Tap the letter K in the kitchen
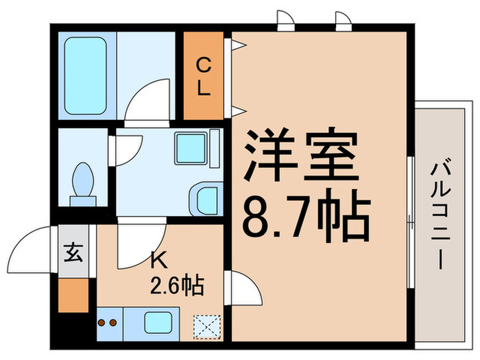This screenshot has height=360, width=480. [158, 261]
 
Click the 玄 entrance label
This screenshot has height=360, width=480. [73, 253]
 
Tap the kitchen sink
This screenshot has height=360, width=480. [158, 322]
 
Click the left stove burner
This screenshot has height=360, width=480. [102, 322]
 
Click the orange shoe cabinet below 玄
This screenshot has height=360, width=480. [73, 293]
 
